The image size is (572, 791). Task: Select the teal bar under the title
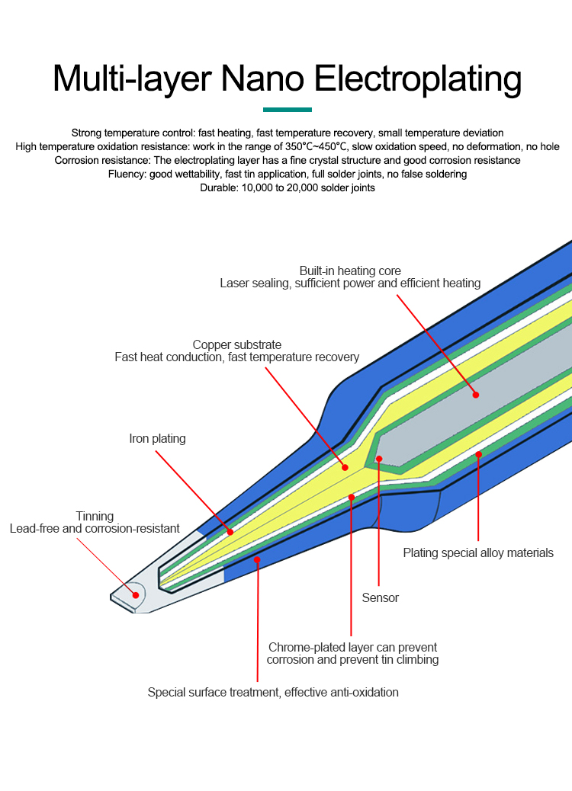[x=288, y=110]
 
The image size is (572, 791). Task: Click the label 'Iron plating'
[x=157, y=439]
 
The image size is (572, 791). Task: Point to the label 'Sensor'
[x=381, y=598]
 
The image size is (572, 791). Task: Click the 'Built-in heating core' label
[x=350, y=271]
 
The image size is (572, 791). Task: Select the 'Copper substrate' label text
[x=237, y=344]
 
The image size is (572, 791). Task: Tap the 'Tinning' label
[x=95, y=516]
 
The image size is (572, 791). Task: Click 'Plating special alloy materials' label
[x=478, y=553]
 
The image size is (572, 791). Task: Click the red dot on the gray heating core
[x=476, y=395]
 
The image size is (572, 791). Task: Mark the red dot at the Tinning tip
[x=137, y=597]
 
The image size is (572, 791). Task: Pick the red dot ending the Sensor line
[x=379, y=460]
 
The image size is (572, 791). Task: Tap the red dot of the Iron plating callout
[x=230, y=532]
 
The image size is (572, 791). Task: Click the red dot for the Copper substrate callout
[x=345, y=467]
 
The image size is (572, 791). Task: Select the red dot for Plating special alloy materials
[x=478, y=454]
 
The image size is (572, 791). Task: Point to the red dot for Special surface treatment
[x=258, y=560]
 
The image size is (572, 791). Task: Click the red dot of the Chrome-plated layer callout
[x=352, y=498]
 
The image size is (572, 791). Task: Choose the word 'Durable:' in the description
[x=219, y=188]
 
